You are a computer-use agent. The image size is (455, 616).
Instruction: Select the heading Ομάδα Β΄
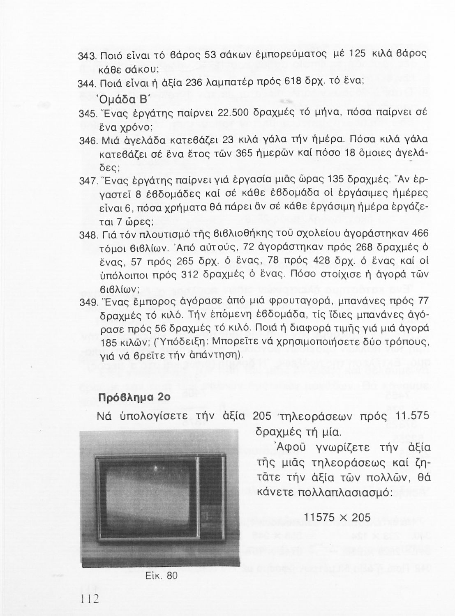pyautogui.click(x=101, y=99)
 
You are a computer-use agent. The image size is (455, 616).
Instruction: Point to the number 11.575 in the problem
pyautogui.click(x=412, y=416)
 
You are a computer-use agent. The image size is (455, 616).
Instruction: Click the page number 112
pyautogui.click(x=89, y=598)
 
